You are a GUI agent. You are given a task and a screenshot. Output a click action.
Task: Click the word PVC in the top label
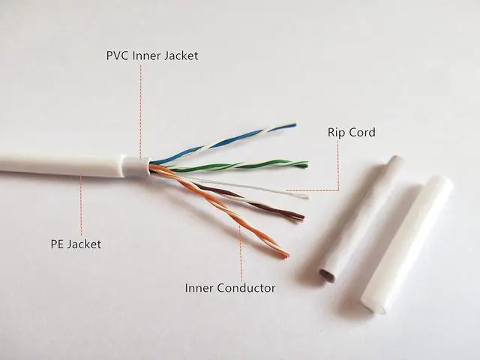tap(117, 55)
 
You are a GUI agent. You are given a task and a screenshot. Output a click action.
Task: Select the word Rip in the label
tap(337, 133)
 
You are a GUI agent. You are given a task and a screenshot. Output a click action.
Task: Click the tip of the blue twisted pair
tap(294, 126)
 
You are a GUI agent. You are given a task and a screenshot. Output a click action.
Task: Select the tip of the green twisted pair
tap(306, 163)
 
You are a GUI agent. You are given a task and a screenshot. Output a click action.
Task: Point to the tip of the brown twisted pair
tap(302, 218)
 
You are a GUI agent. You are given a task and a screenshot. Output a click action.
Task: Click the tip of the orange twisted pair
tap(286, 256)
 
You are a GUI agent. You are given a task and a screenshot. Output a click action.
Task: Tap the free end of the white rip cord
tap(307, 196)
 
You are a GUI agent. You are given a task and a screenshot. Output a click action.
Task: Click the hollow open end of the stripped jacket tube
tap(328, 275)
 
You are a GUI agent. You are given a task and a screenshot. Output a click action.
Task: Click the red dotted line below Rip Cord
tap(337, 165)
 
